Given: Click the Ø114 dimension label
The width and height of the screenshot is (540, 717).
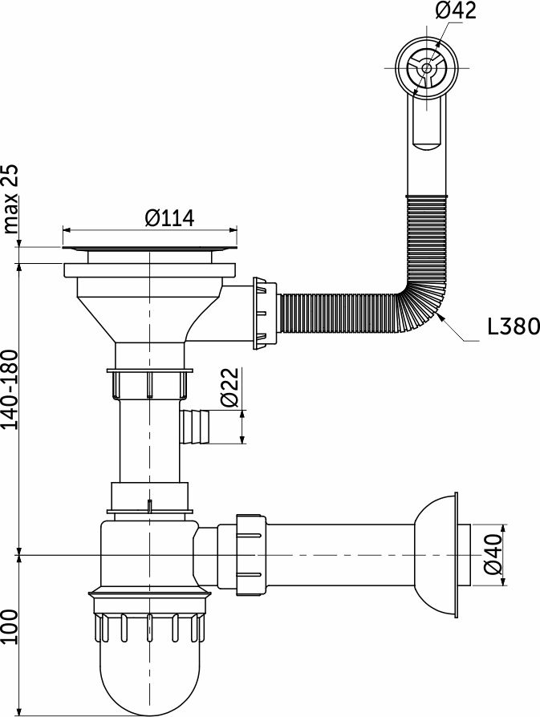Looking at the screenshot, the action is [x=170, y=218].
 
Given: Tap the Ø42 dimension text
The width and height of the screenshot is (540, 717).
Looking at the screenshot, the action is [x=455, y=10].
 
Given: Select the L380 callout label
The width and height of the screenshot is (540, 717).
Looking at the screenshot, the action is [x=514, y=326].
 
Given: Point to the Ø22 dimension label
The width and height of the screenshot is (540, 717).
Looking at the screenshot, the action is [x=229, y=387].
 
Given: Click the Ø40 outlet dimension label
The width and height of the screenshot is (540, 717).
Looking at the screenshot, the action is [x=493, y=554].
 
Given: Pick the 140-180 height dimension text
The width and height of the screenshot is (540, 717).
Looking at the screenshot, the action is [x=10, y=390].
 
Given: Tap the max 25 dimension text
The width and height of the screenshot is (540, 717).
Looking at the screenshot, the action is [x=10, y=199].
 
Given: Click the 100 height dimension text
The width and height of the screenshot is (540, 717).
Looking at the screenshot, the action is [x=10, y=626].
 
